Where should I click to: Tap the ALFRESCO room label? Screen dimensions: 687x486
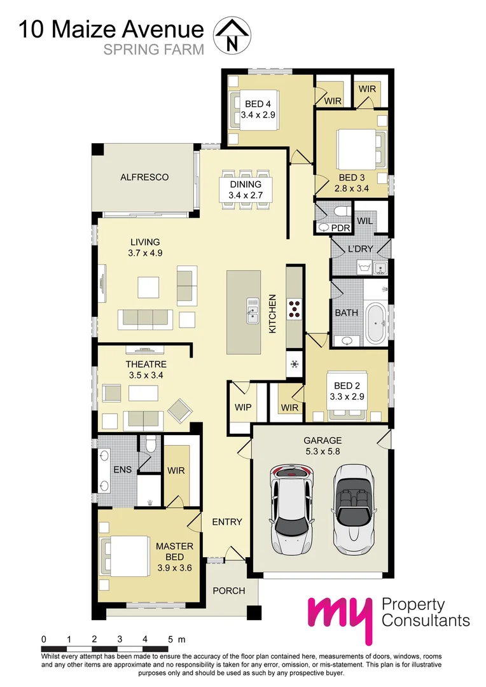(144, 177)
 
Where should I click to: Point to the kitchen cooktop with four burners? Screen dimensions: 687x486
(295, 308)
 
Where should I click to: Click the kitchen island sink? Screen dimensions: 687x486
(252, 309)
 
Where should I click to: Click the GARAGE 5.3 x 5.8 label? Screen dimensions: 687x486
(322, 446)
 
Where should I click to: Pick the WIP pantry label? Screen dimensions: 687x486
(242, 406)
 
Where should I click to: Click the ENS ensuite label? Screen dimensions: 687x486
(122, 470)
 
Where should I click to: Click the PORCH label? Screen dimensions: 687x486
(229, 591)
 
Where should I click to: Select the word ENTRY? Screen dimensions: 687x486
(227, 522)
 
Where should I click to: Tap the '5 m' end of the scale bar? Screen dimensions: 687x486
(176, 639)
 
